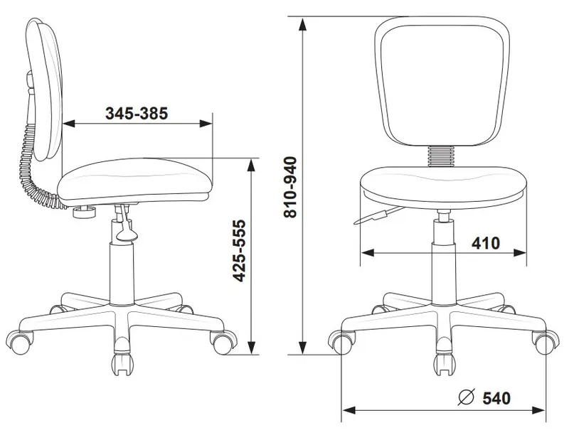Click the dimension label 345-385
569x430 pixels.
click(x=137, y=114)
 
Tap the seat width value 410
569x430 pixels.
click(x=485, y=243)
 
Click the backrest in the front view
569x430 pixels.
click(x=444, y=82)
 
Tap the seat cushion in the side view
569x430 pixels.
click(x=135, y=181)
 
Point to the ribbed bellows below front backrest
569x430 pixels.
click(x=444, y=154)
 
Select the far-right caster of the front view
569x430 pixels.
click(x=545, y=343)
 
